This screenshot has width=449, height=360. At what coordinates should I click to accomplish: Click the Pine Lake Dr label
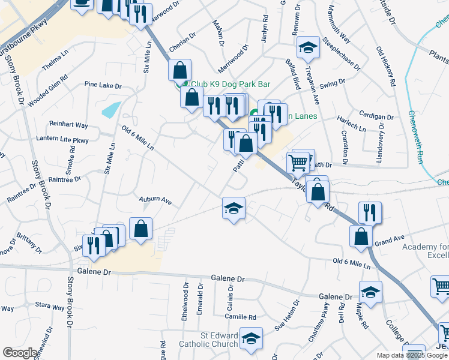pos(103,85)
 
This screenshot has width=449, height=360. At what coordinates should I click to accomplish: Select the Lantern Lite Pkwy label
pos(71,140)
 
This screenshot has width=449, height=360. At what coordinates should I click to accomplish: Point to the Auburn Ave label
pos(155,202)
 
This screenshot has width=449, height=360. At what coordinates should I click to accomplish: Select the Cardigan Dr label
pos(376,115)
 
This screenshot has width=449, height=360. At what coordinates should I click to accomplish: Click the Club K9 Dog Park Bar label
pos(231,85)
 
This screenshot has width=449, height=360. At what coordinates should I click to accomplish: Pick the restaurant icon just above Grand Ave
pos(369,212)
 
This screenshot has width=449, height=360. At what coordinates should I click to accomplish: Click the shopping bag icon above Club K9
pos(179,70)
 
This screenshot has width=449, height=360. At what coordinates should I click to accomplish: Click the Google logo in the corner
pos(20,353)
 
